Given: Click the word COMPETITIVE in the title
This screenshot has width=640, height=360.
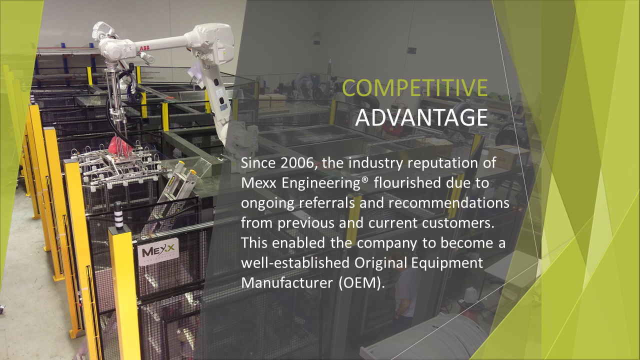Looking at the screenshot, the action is tap(415, 87).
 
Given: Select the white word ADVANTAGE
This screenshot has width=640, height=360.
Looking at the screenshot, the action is tap(421, 117).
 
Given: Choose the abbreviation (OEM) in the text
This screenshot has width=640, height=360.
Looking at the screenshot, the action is tap(360, 283).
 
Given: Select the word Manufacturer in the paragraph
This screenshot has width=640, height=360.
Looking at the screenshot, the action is tap(287, 283).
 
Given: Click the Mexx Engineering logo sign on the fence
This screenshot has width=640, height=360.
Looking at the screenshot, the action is tap(158, 252).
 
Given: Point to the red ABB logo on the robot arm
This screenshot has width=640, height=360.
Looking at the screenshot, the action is tap(144, 48).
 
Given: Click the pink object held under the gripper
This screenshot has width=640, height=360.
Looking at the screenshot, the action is tap(119, 145).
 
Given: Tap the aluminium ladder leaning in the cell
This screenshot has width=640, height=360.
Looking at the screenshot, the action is tap(171, 188).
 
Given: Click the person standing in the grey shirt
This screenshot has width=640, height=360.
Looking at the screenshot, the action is tap(405, 294).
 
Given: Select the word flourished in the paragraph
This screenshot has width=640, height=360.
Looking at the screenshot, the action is tap(407, 183).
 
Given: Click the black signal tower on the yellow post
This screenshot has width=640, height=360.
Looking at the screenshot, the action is tap(118, 215).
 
